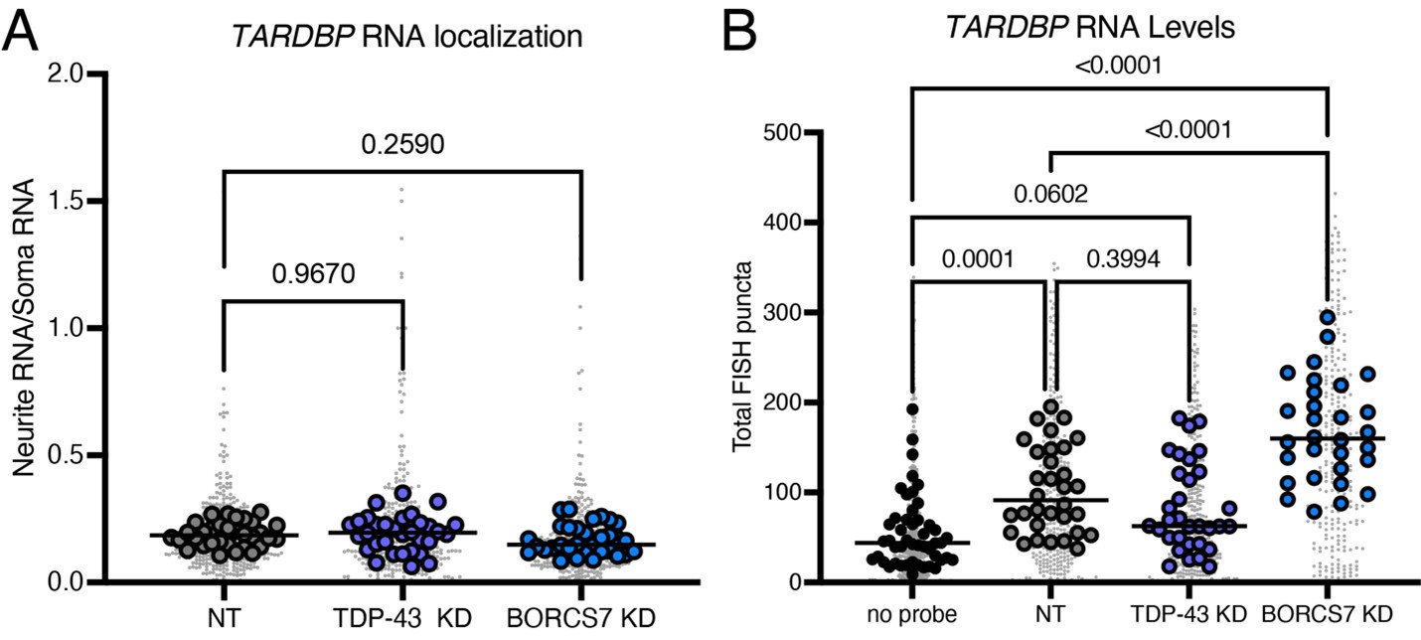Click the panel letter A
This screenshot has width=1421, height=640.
(x=24, y=36)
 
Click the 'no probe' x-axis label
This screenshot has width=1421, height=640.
(x=911, y=611)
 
